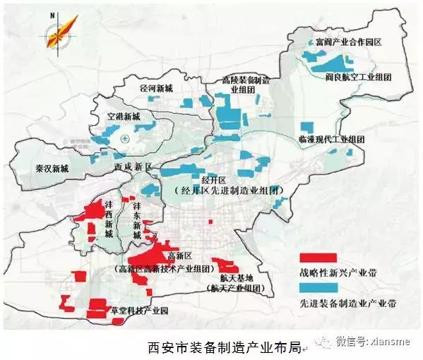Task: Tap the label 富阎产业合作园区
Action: [x=342, y=42]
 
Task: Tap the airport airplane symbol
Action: [x=126, y=138]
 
